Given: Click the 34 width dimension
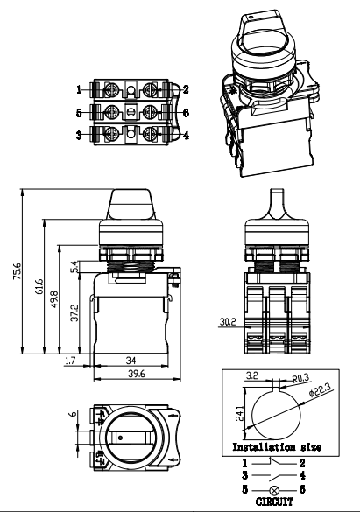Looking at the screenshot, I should click(x=131, y=360).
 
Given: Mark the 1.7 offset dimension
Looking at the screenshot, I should click(x=71, y=360).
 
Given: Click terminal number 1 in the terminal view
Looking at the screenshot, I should click(x=79, y=89).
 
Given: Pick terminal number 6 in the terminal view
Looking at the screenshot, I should click(x=186, y=112).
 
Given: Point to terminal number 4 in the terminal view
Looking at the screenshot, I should click(x=186, y=135).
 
